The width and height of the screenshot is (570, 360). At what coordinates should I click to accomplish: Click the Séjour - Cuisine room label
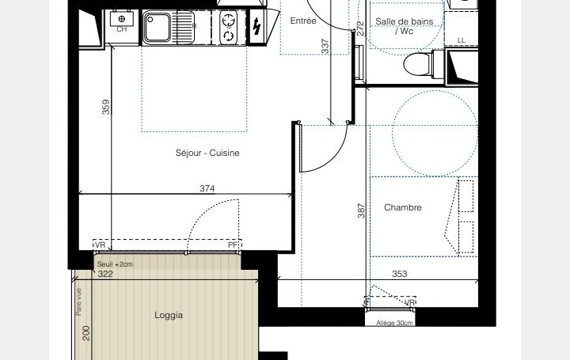[207, 153]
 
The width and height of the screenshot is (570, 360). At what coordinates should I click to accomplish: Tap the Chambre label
[402, 208]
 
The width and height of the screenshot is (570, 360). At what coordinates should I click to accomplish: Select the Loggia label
[169, 315]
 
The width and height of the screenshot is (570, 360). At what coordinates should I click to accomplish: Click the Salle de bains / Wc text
[405, 27]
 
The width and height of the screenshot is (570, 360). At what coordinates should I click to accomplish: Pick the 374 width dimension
[208, 188]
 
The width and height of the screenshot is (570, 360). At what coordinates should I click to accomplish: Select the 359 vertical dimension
[106, 107]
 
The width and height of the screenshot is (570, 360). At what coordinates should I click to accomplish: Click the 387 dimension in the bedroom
[361, 210]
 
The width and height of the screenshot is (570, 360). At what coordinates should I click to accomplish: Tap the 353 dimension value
[399, 275]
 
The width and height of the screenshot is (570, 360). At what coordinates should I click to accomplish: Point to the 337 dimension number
[325, 46]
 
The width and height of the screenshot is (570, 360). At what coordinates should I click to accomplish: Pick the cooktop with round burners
[229, 28]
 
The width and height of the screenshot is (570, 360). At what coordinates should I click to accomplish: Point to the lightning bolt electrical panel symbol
[256, 28]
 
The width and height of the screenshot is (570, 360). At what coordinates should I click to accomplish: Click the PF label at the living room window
[233, 245]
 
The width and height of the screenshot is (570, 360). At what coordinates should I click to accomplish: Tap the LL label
[462, 40]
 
